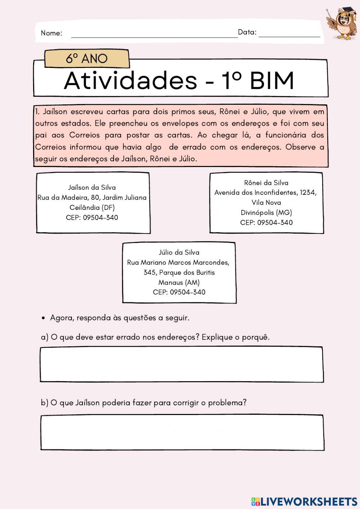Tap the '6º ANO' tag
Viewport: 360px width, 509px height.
(x=86, y=58)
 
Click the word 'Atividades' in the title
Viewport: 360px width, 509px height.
(x=130, y=81)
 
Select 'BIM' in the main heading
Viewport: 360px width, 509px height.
(x=272, y=81)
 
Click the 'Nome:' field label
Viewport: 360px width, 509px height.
(x=51, y=33)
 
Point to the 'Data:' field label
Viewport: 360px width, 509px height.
(x=247, y=32)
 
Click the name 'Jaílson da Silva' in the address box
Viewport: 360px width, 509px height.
(x=92, y=187)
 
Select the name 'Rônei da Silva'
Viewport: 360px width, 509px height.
(x=266, y=183)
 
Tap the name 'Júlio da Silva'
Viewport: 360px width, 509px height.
(x=179, y=252)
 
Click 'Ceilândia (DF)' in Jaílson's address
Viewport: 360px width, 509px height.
(x=92, y=207)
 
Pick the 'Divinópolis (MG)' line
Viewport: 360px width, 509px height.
(x=266, y=212)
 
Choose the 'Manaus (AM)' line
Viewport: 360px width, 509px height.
(x=179, y=283)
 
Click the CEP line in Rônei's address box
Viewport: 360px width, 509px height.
(x=266, y=222)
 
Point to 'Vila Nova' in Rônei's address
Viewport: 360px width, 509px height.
(x=266, y=202)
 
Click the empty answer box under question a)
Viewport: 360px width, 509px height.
(x=181, y=364)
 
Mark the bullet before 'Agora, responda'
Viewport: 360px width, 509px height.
(x=43, y=318)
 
